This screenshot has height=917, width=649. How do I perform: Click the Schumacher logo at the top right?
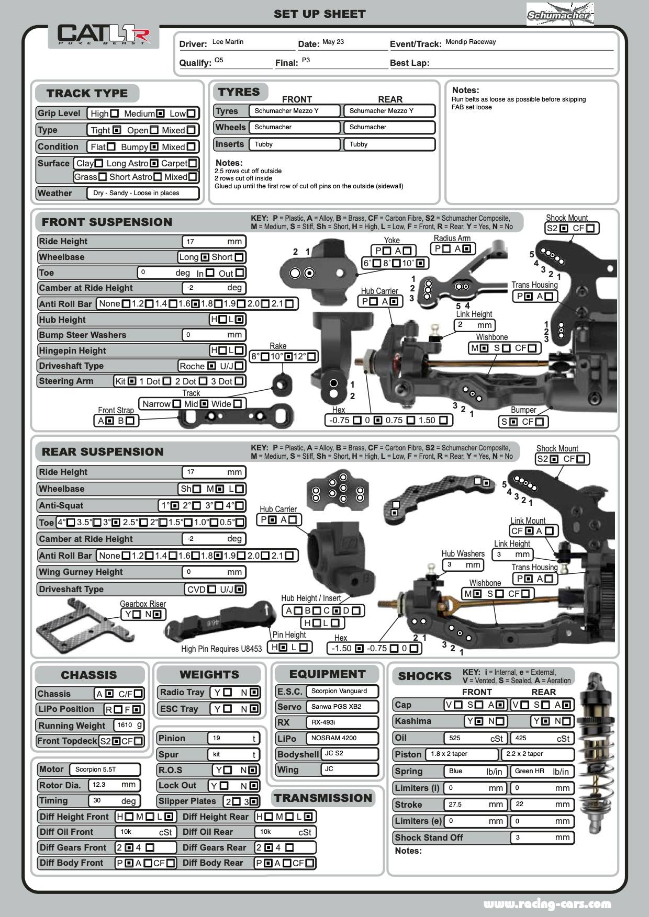pos(560,15)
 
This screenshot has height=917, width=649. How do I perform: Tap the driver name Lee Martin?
pos(228,42)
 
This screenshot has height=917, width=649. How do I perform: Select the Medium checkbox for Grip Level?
pos(160,114)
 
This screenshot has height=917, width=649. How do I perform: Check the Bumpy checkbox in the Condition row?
pos(154,147)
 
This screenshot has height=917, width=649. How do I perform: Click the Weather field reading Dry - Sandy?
pos(136,193)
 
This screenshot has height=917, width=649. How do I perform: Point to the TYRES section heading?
pos(239,92)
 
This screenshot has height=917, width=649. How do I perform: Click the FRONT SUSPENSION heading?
pos(107,222)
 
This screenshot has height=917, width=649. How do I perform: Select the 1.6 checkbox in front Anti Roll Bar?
pos(195,304)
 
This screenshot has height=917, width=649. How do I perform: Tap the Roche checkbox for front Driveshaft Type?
pos(211,366)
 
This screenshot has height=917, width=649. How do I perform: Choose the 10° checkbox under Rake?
pos(288,357)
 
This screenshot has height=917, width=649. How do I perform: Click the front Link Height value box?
pos(474,325)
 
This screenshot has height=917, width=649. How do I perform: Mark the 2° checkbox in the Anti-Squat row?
pos(197,506)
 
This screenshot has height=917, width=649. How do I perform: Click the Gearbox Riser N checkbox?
pos(156,615)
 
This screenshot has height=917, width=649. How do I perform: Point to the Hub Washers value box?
pos(462,565)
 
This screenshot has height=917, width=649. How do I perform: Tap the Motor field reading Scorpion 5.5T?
pos(104,769)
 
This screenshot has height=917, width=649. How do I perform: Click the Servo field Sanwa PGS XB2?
pos(341,707)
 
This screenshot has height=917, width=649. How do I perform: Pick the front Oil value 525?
pos(475,738)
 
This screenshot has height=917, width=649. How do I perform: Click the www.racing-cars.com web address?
pos(547,904)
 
